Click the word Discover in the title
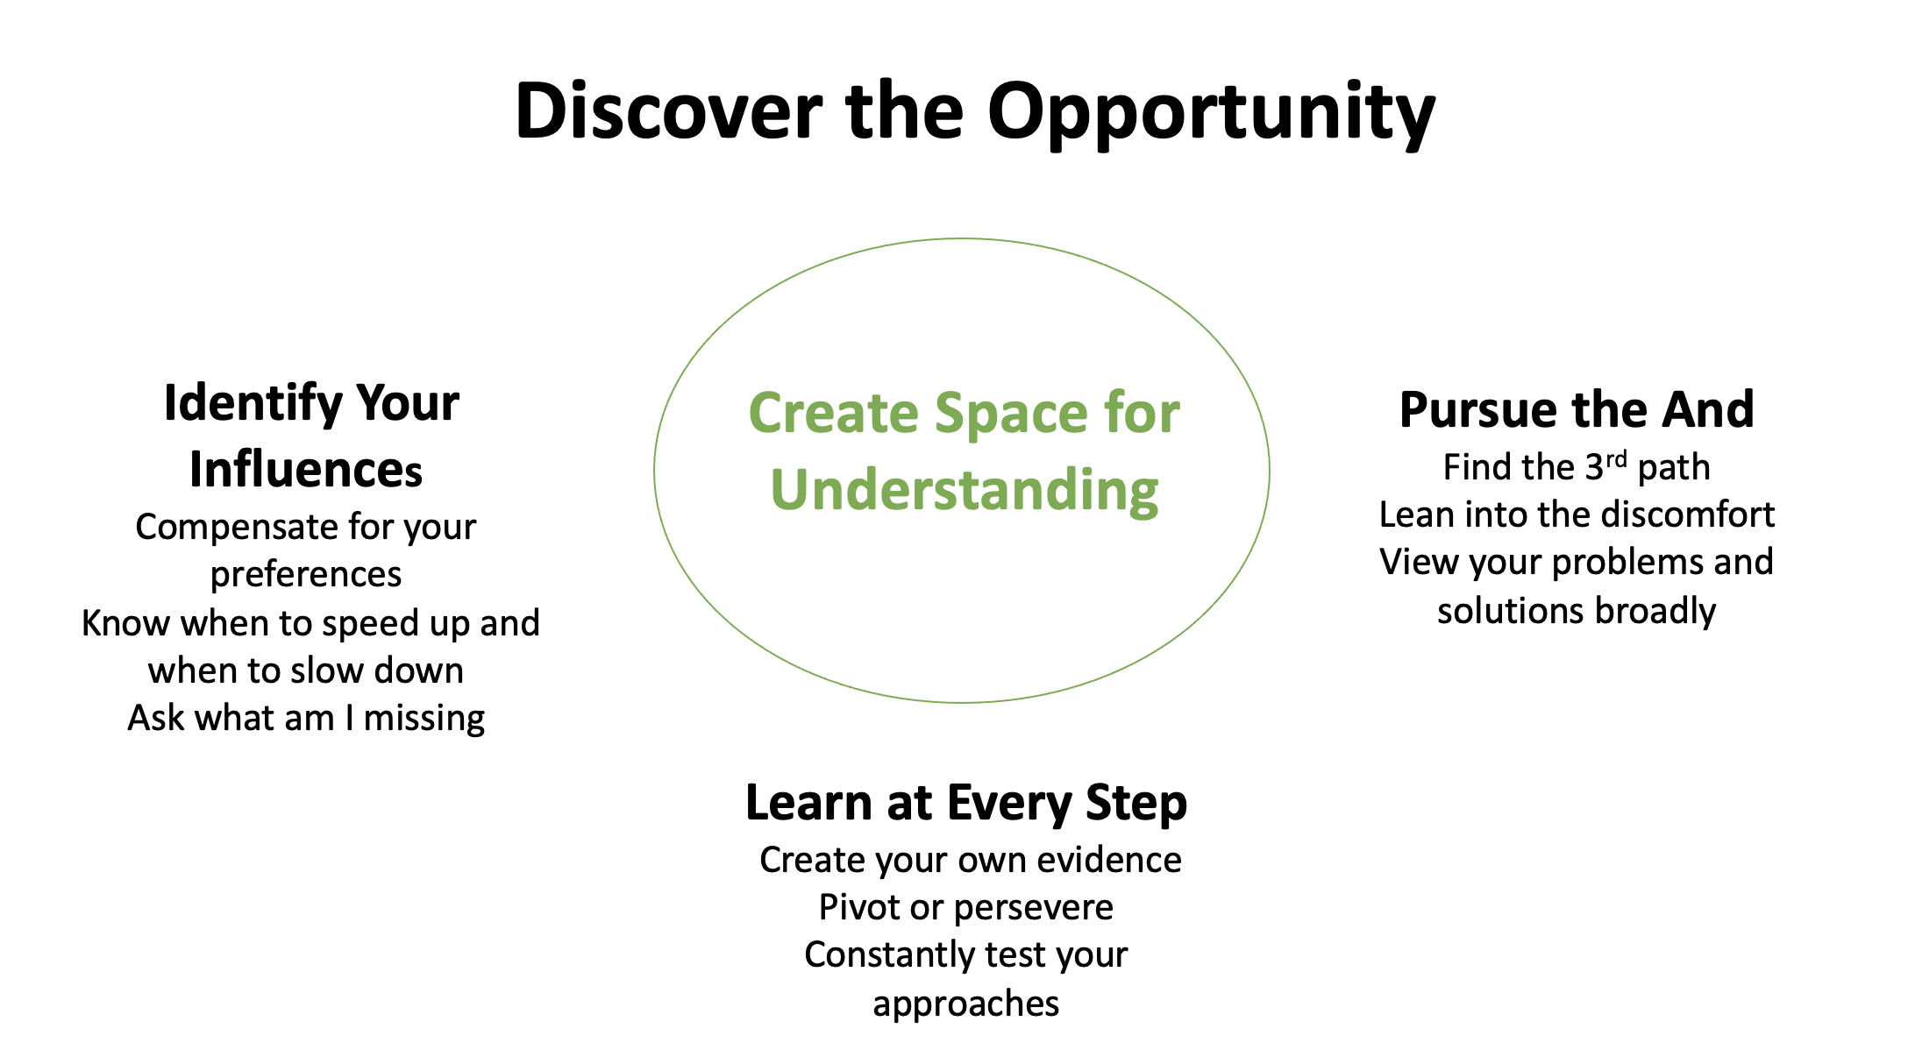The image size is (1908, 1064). pos(669,110)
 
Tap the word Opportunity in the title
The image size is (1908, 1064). pos(1213,114)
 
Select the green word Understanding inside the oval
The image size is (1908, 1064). pos(965,491)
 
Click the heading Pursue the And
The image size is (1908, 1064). pos(1577,409)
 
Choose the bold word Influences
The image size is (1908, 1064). pos(306,469)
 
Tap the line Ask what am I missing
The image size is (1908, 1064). pos(306,719)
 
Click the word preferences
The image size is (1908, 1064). pos(306,575)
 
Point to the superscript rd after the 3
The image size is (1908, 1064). pos(1616,459)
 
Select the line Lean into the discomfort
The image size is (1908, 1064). pos(1577,514)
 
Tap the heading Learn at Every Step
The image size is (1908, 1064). pos(966,803)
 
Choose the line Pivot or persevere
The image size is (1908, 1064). pos(966,908)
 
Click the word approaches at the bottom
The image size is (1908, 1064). pos(966,1004)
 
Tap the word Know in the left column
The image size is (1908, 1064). pos(125,623)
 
